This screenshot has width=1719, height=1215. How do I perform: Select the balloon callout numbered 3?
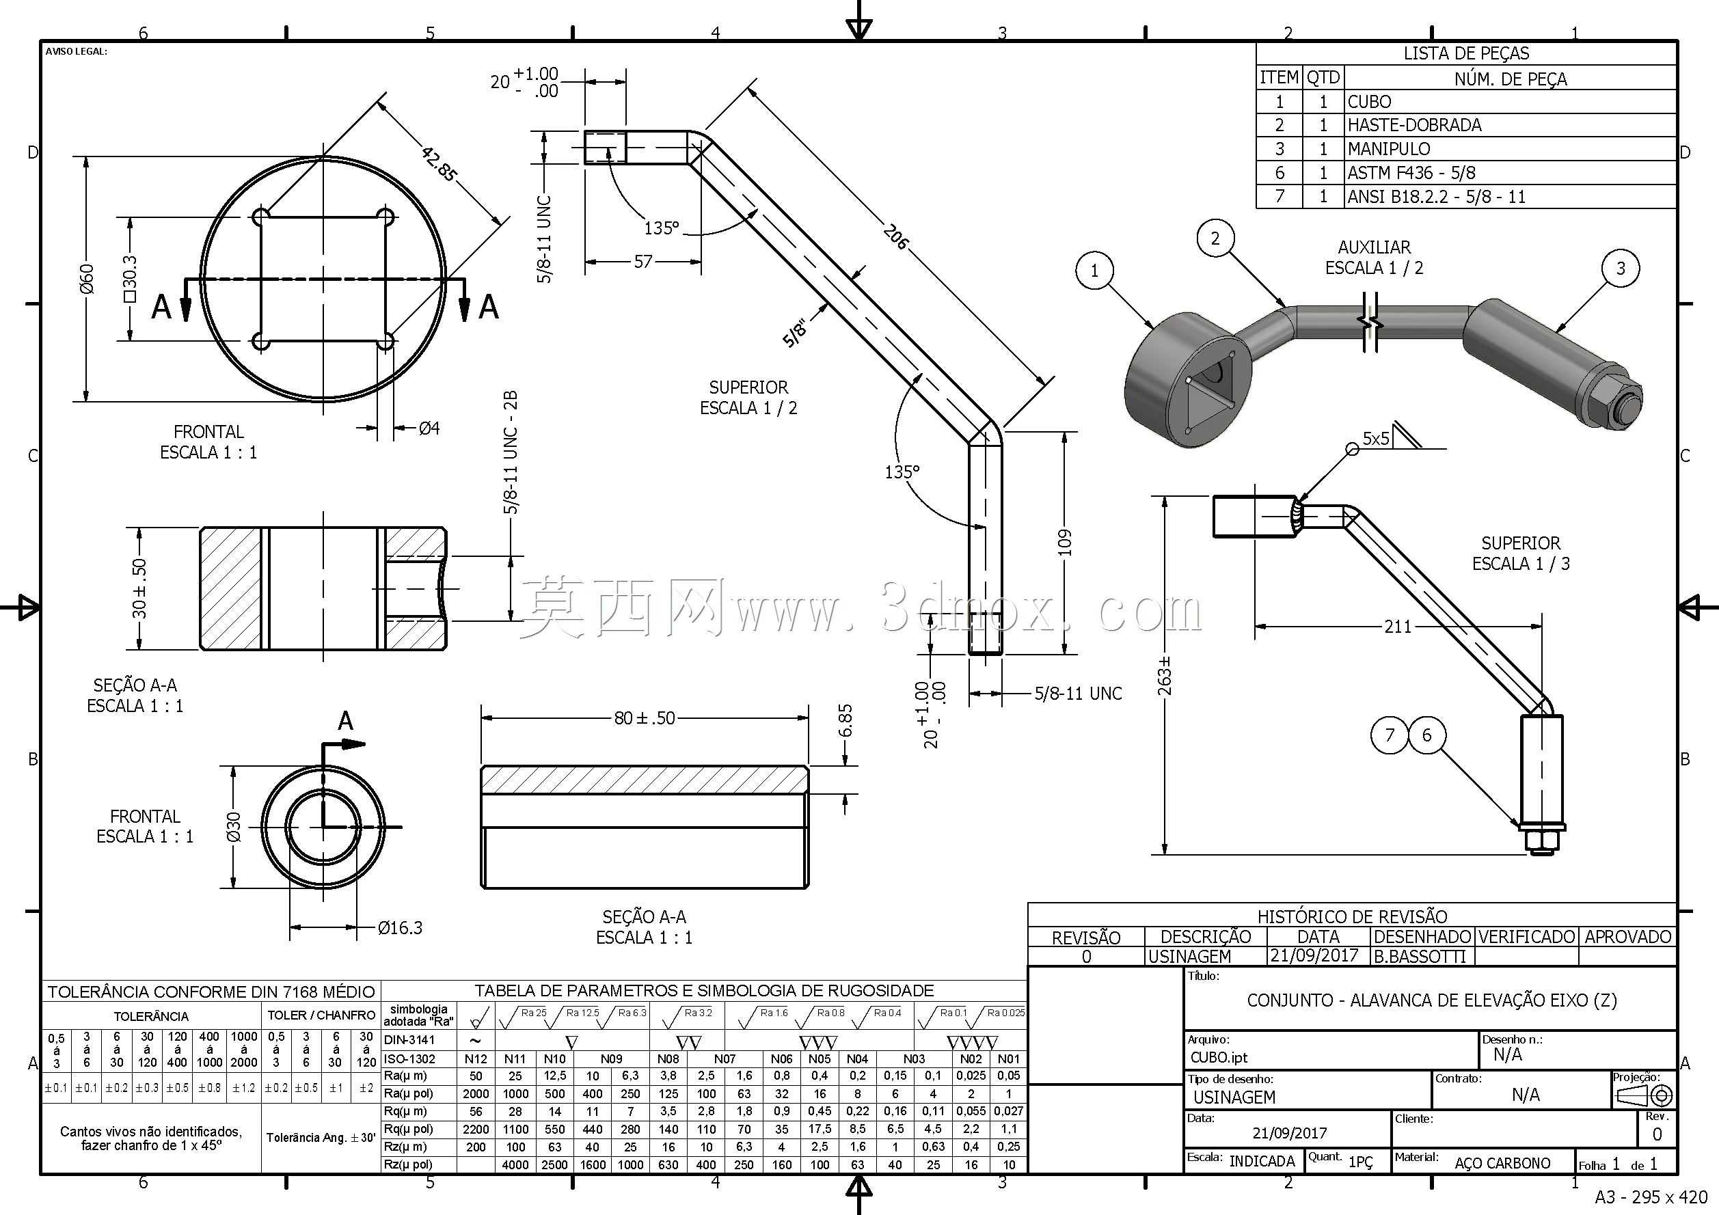pos(1621,268)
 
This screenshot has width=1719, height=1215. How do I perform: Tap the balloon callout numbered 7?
pos(1390,735)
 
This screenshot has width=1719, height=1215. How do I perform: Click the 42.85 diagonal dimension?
pos(439,165)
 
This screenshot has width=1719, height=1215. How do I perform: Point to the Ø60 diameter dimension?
pos(88,279)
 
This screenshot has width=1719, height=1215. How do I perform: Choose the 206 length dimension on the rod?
pos(895,236)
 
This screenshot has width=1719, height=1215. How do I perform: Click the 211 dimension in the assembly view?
pos(1398,626)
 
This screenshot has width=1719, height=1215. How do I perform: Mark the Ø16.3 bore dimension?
pos(400,928)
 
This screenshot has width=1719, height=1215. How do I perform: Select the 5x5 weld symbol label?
pos(1376,438)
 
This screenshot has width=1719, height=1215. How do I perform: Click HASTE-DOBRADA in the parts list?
pos(1414,125)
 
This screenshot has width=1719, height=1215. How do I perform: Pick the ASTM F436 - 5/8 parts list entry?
pos(1411,173)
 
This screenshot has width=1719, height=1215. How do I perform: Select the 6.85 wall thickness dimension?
pos(845,720)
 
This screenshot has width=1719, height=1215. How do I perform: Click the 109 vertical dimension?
pos(1065,543)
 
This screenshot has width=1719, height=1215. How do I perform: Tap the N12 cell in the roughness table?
pos(476,1059)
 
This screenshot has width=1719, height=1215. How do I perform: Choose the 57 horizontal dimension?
pos(643,261)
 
